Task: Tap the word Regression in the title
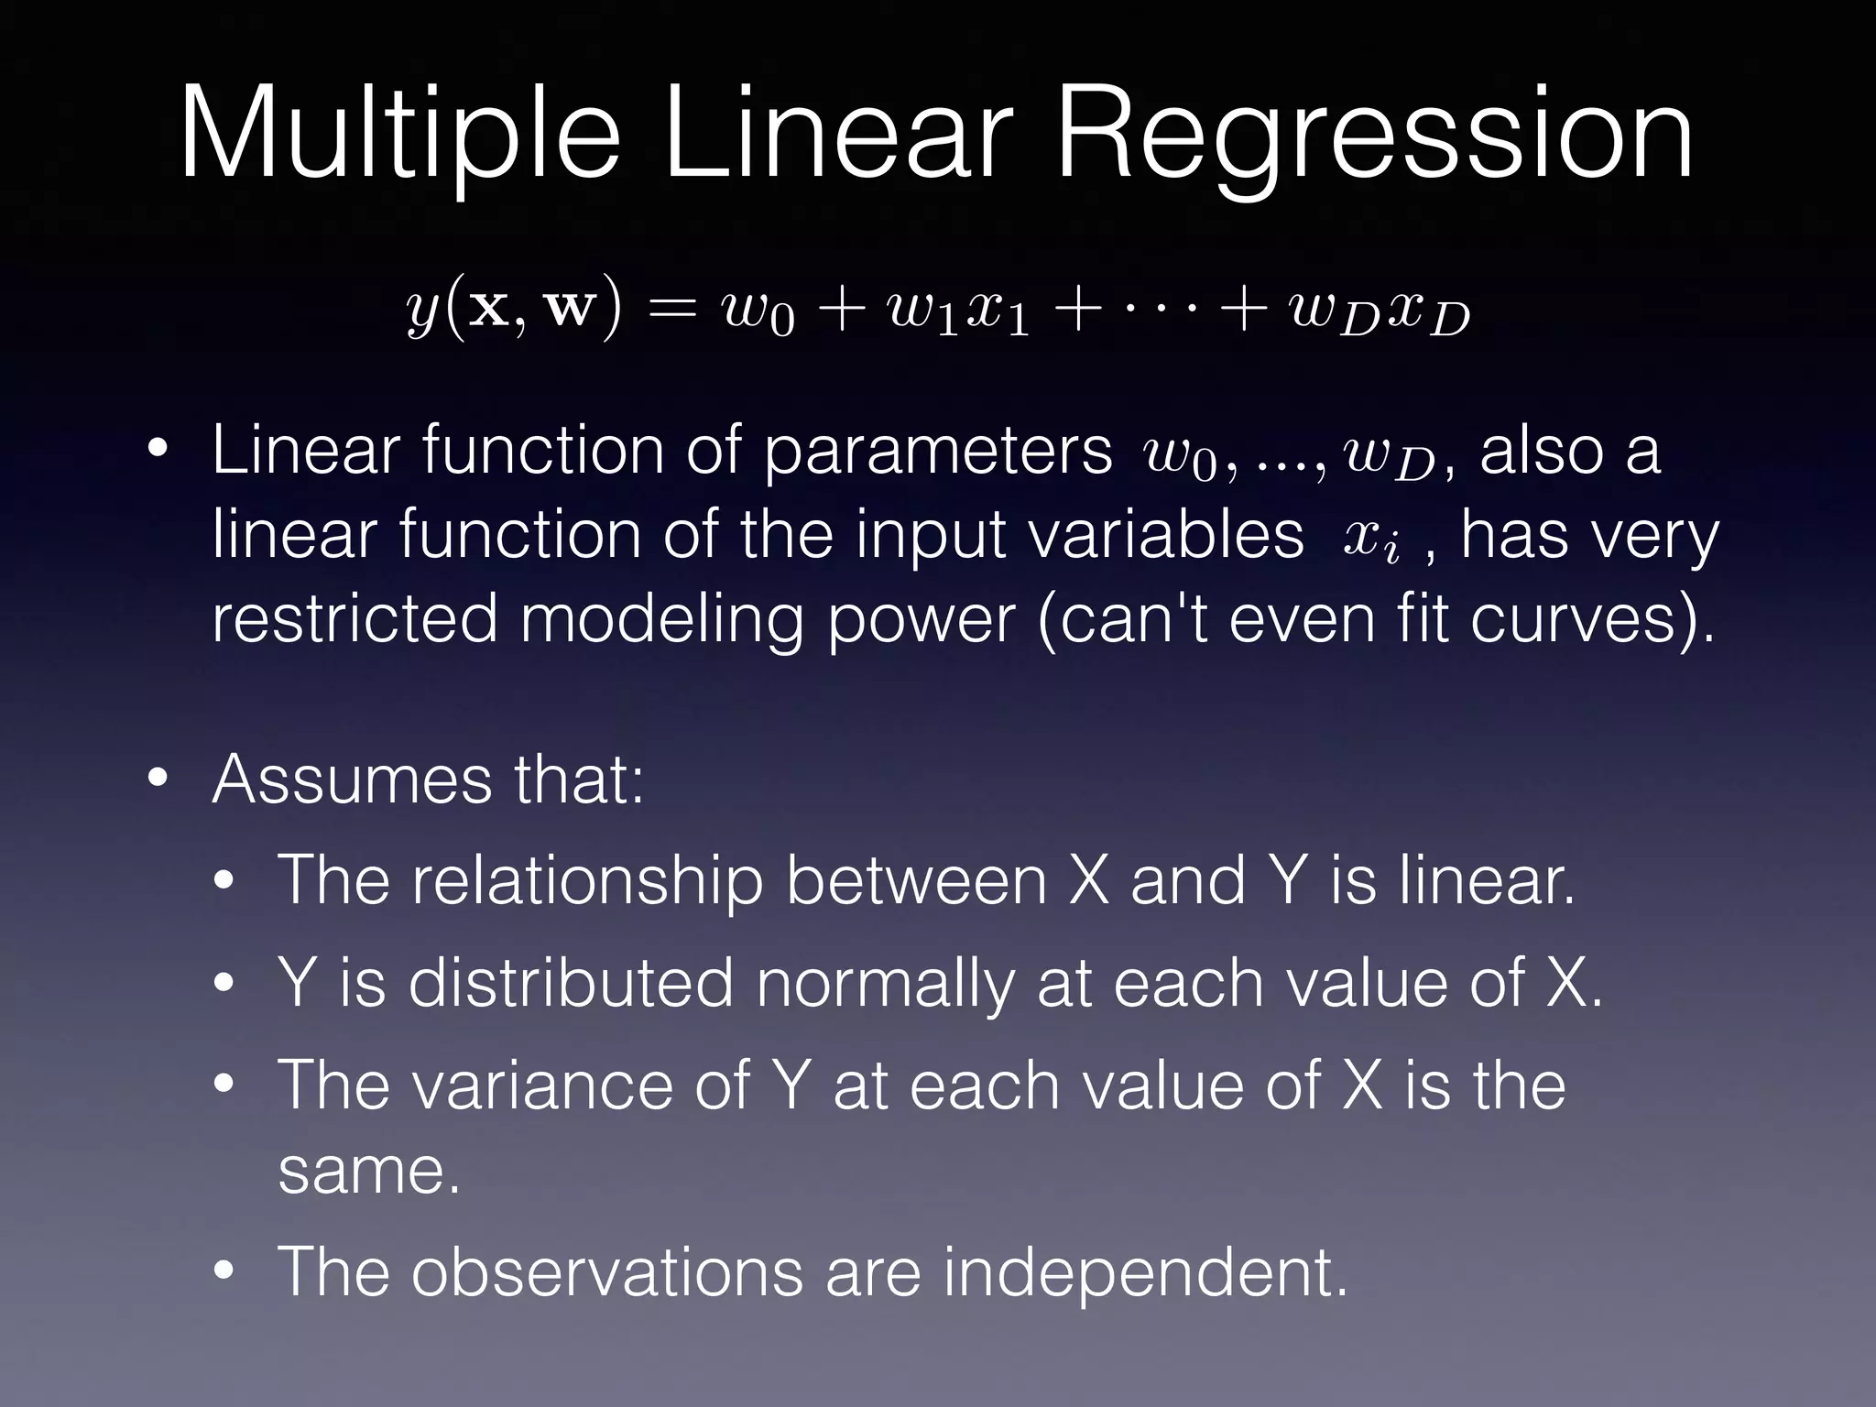pyautogui.click(x=1374, y=135)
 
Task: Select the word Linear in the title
pyautogui.click(x=837, y=135)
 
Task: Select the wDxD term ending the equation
pyautogui.click(x=1379, y=311)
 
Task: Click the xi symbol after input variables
pyautogui.click(x=1370, y=539)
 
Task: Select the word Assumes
pyautogui.click(x=353, y=780)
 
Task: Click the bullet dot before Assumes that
pyautogui.click(x=158, y=780)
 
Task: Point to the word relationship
pyautogui.click(x=586, y=881)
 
